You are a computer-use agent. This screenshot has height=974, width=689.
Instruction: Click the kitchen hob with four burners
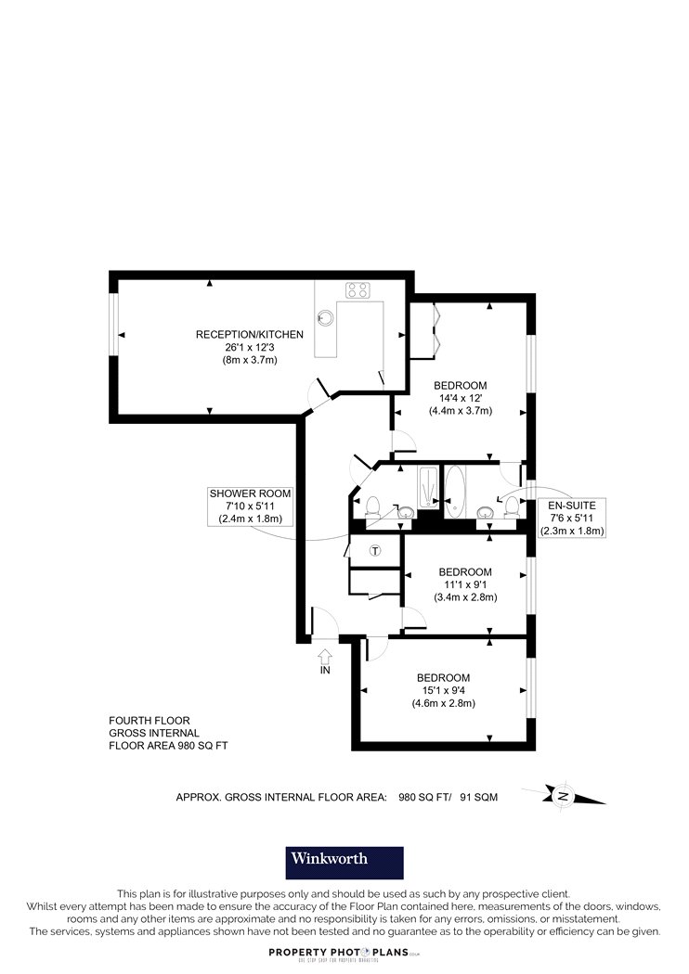[x=357, y=289]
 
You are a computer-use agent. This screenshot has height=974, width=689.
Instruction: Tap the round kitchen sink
[x=325, y=317]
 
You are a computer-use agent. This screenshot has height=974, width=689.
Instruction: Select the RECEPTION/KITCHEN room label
[x=250, y=334]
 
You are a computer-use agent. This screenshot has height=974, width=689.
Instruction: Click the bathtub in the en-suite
[x=455, y=492]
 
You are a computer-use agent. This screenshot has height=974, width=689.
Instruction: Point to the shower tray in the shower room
[x=428, y=488]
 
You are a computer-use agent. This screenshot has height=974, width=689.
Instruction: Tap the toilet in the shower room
[x=373, y=506]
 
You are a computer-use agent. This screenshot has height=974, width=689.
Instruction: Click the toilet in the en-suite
[x=512, y=505]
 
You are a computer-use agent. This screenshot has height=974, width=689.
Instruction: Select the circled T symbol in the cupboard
[x=374, y=550]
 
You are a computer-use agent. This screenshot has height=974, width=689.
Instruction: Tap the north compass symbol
[x=563, y=796]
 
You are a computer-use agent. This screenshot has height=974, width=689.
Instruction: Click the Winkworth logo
[x=344, y=863]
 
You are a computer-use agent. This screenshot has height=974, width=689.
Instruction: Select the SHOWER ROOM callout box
[x=250, y=506]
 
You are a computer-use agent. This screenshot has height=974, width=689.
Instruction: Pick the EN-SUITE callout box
[x=571, y=518]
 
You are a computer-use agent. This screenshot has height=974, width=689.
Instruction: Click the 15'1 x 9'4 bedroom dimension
[x=443, y=690]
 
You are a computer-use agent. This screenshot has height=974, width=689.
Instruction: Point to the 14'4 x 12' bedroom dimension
[x=461, y=398]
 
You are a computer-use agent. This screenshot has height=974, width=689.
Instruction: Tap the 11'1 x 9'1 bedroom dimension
[x=465, y=584]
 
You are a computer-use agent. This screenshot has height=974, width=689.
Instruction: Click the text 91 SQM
[x=479, y=797]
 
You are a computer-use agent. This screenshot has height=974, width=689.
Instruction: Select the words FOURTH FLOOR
[x=149, y=721]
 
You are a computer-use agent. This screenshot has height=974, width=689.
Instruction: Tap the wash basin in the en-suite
[x=485, y=512]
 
